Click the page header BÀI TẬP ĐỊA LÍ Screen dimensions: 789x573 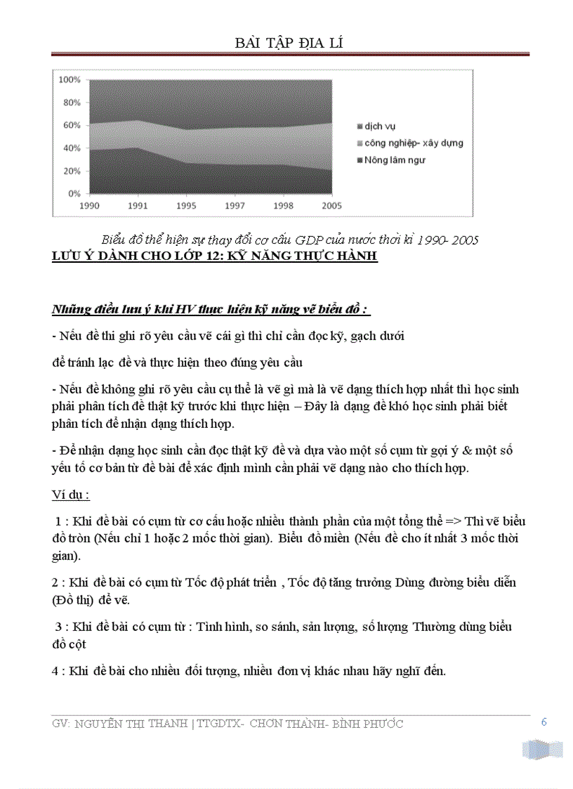tap(289, 44)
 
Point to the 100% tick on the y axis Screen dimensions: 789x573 tap(71, 80)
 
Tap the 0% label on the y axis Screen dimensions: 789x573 tap(75, 193)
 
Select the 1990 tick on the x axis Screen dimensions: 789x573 tap(88, 206)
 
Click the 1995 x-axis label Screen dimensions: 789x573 tap(185, 206)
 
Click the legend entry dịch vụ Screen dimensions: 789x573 tap(379, 126)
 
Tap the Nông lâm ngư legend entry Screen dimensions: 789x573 tap(394, 159)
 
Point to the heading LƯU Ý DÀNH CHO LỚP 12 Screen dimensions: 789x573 tap(215, 256)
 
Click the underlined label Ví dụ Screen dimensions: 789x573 tap(70, 495)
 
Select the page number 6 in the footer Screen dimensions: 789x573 tap(543, 722)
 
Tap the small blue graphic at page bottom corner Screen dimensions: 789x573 tap(543, 749)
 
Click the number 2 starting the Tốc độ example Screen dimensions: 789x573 tap(55, 583)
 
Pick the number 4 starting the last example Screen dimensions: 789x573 tap(55, 671)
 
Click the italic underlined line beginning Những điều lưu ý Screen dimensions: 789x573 tap(211, 310)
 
